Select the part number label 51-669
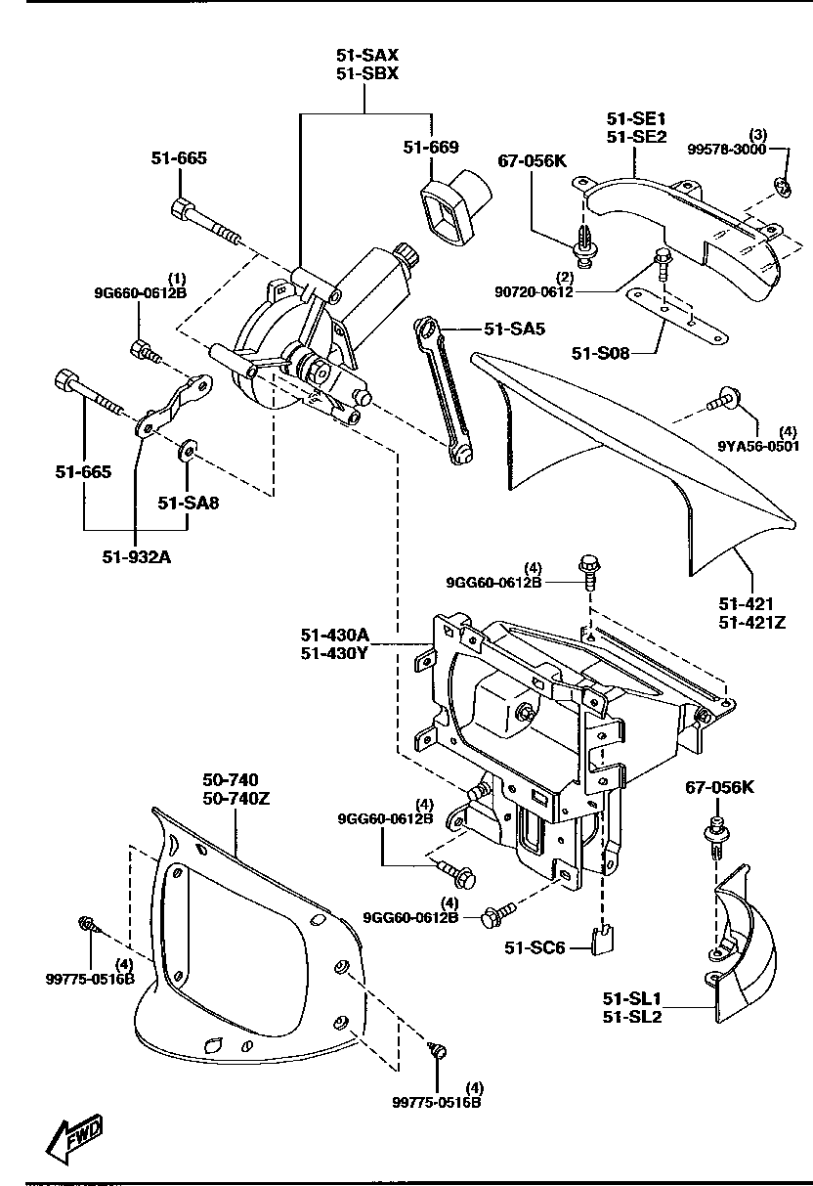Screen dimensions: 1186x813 tap(430, 147)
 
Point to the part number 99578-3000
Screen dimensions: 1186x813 tap(728, 149)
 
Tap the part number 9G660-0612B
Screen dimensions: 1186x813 tap(140, 291)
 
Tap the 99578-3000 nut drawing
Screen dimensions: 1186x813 tap(782, 184)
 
